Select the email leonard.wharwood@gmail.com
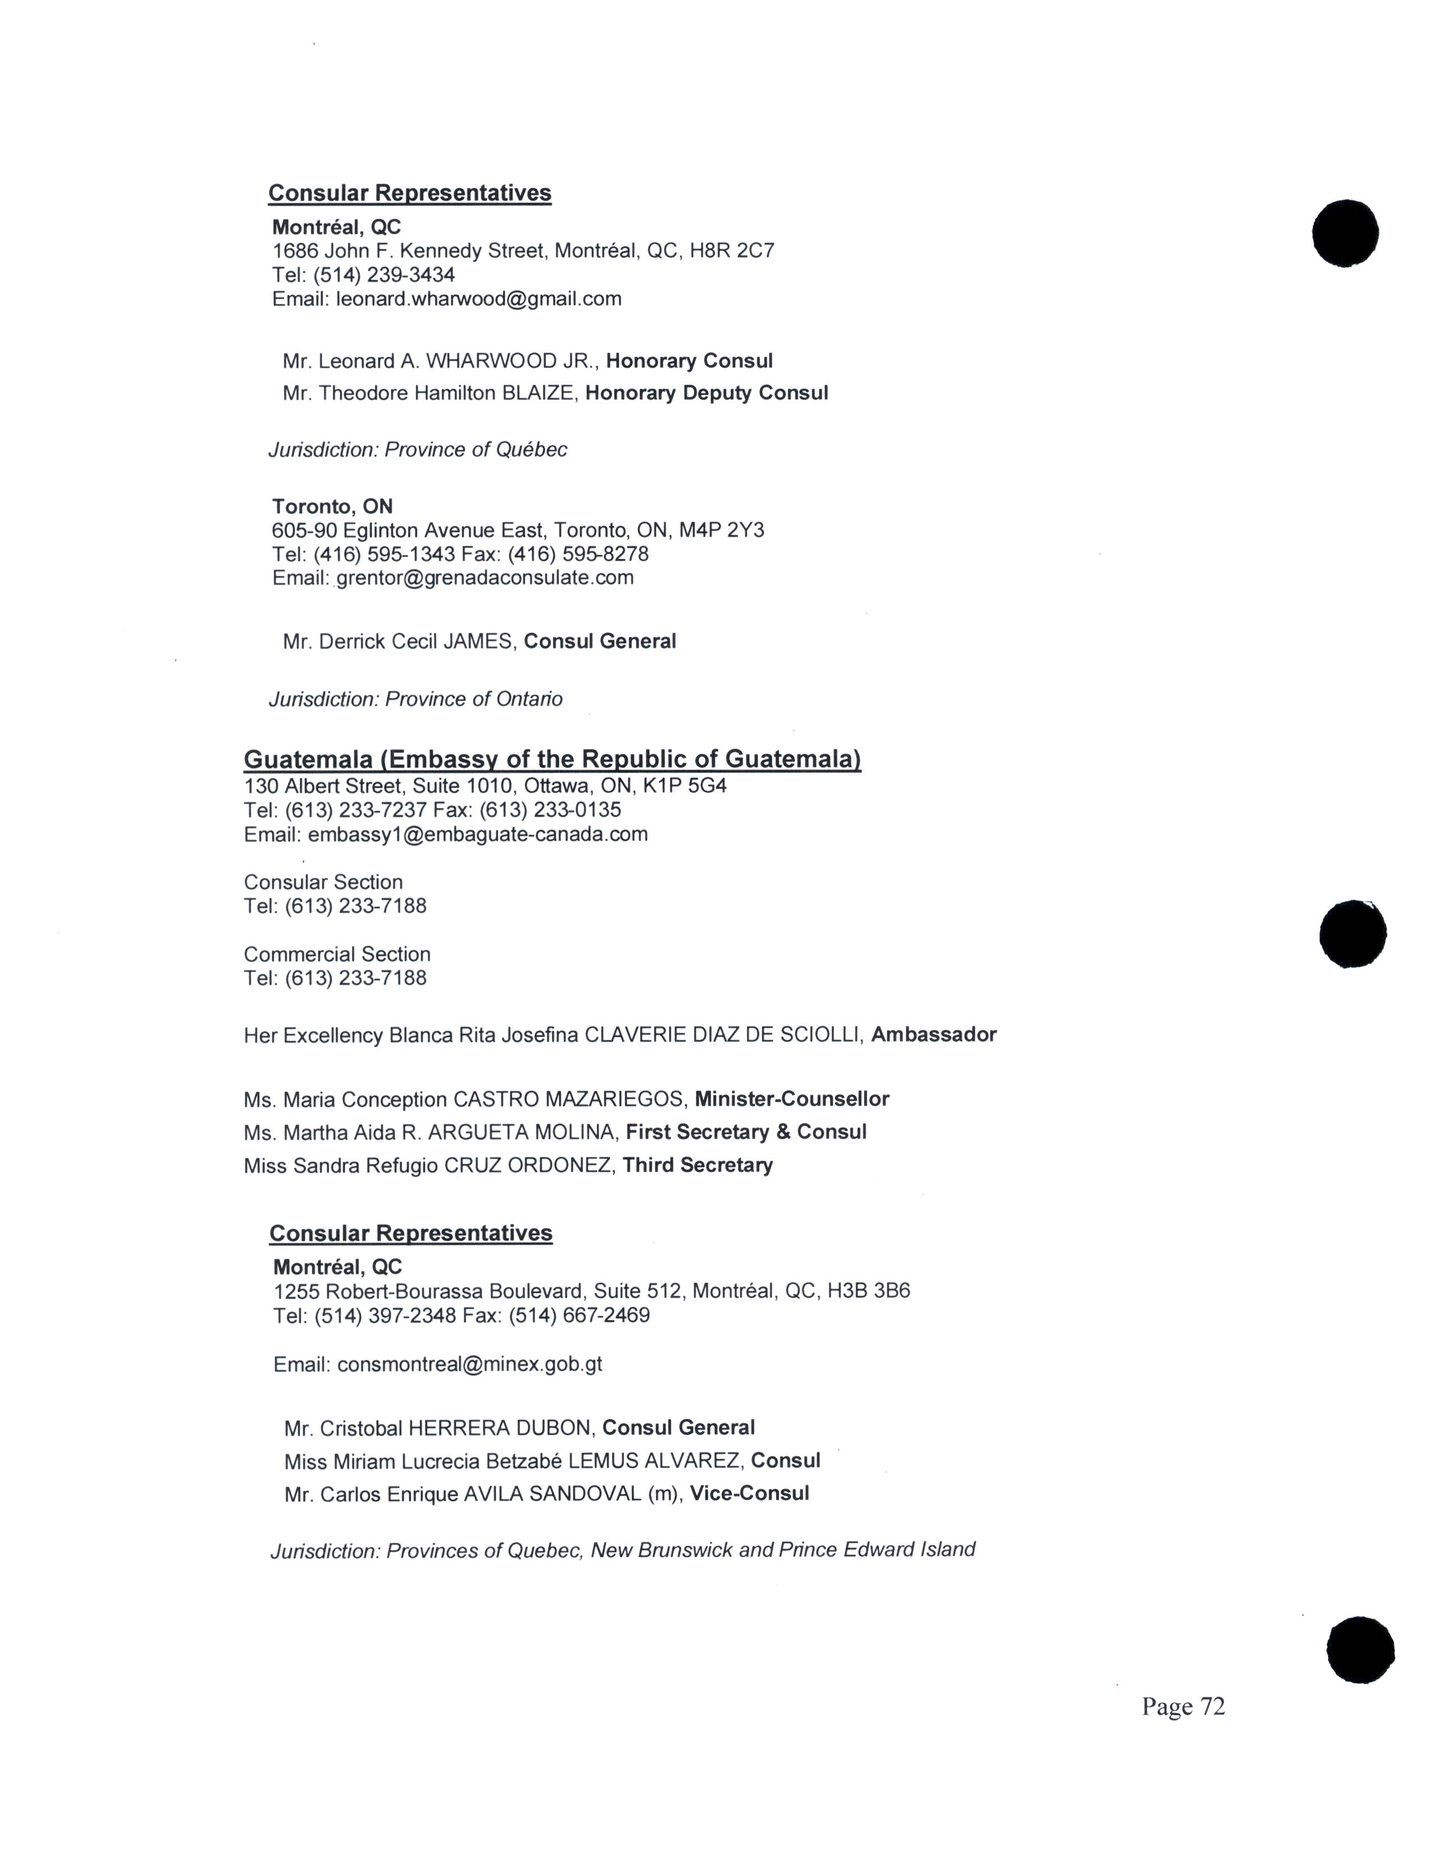[479, 299]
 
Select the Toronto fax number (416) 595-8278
[579, 554]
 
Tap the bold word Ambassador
[934, 1034]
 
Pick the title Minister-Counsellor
[791, 1099]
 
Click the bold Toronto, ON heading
[332, 507]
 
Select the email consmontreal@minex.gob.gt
[469, 1364]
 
